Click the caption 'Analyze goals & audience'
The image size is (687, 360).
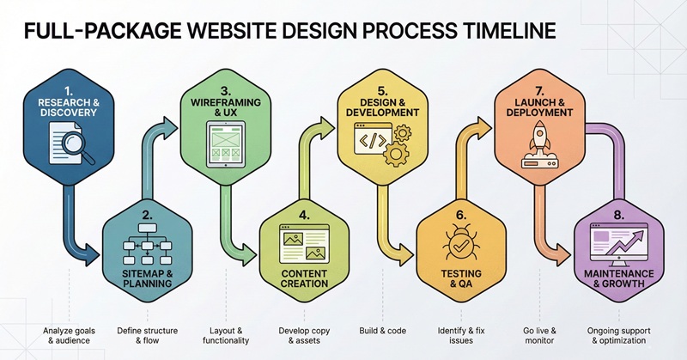(x=70, y=335)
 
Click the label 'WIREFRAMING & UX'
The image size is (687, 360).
(x=224, y=107)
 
